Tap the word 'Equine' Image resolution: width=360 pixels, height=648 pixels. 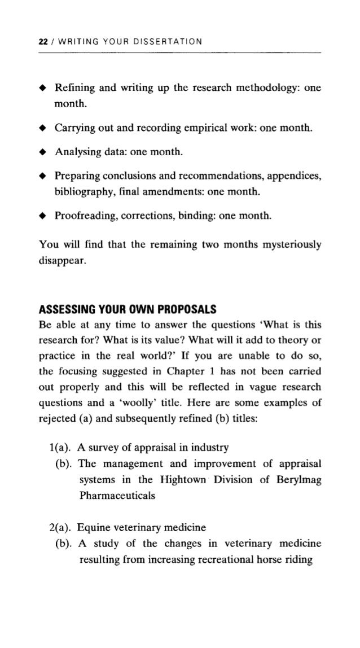point(93,528)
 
